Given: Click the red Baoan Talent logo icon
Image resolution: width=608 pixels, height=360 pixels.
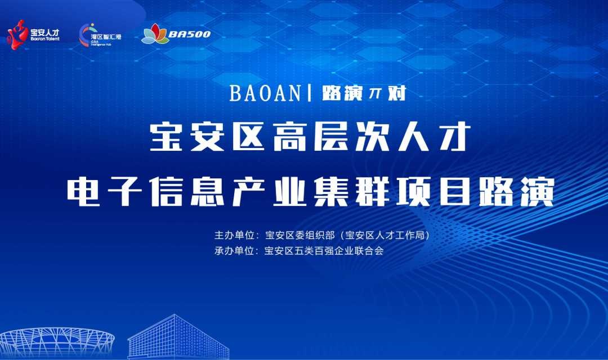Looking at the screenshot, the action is click(x=17, y=35).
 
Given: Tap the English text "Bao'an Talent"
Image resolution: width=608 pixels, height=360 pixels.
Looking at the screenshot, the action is click(x=45, y=39).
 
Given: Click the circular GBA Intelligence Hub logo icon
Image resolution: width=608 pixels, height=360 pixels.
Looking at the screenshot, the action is click(x=85, y=35).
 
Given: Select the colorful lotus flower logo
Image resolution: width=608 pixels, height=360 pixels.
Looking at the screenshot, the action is click(x=155, y=34).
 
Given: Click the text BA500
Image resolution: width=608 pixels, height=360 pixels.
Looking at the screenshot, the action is click(x=190, y=34).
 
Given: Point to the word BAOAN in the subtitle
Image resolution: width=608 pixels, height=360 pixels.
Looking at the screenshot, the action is click(x=265, y=93).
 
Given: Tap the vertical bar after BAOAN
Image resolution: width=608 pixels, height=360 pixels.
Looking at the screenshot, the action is click(x=310, y=93).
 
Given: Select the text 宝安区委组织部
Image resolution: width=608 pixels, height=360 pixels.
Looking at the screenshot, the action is click(x=299, y=235).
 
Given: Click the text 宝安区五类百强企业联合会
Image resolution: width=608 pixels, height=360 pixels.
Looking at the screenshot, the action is click(x=324, y=251).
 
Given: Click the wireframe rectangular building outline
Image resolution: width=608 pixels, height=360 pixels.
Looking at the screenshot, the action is click(x=179, y=337).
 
